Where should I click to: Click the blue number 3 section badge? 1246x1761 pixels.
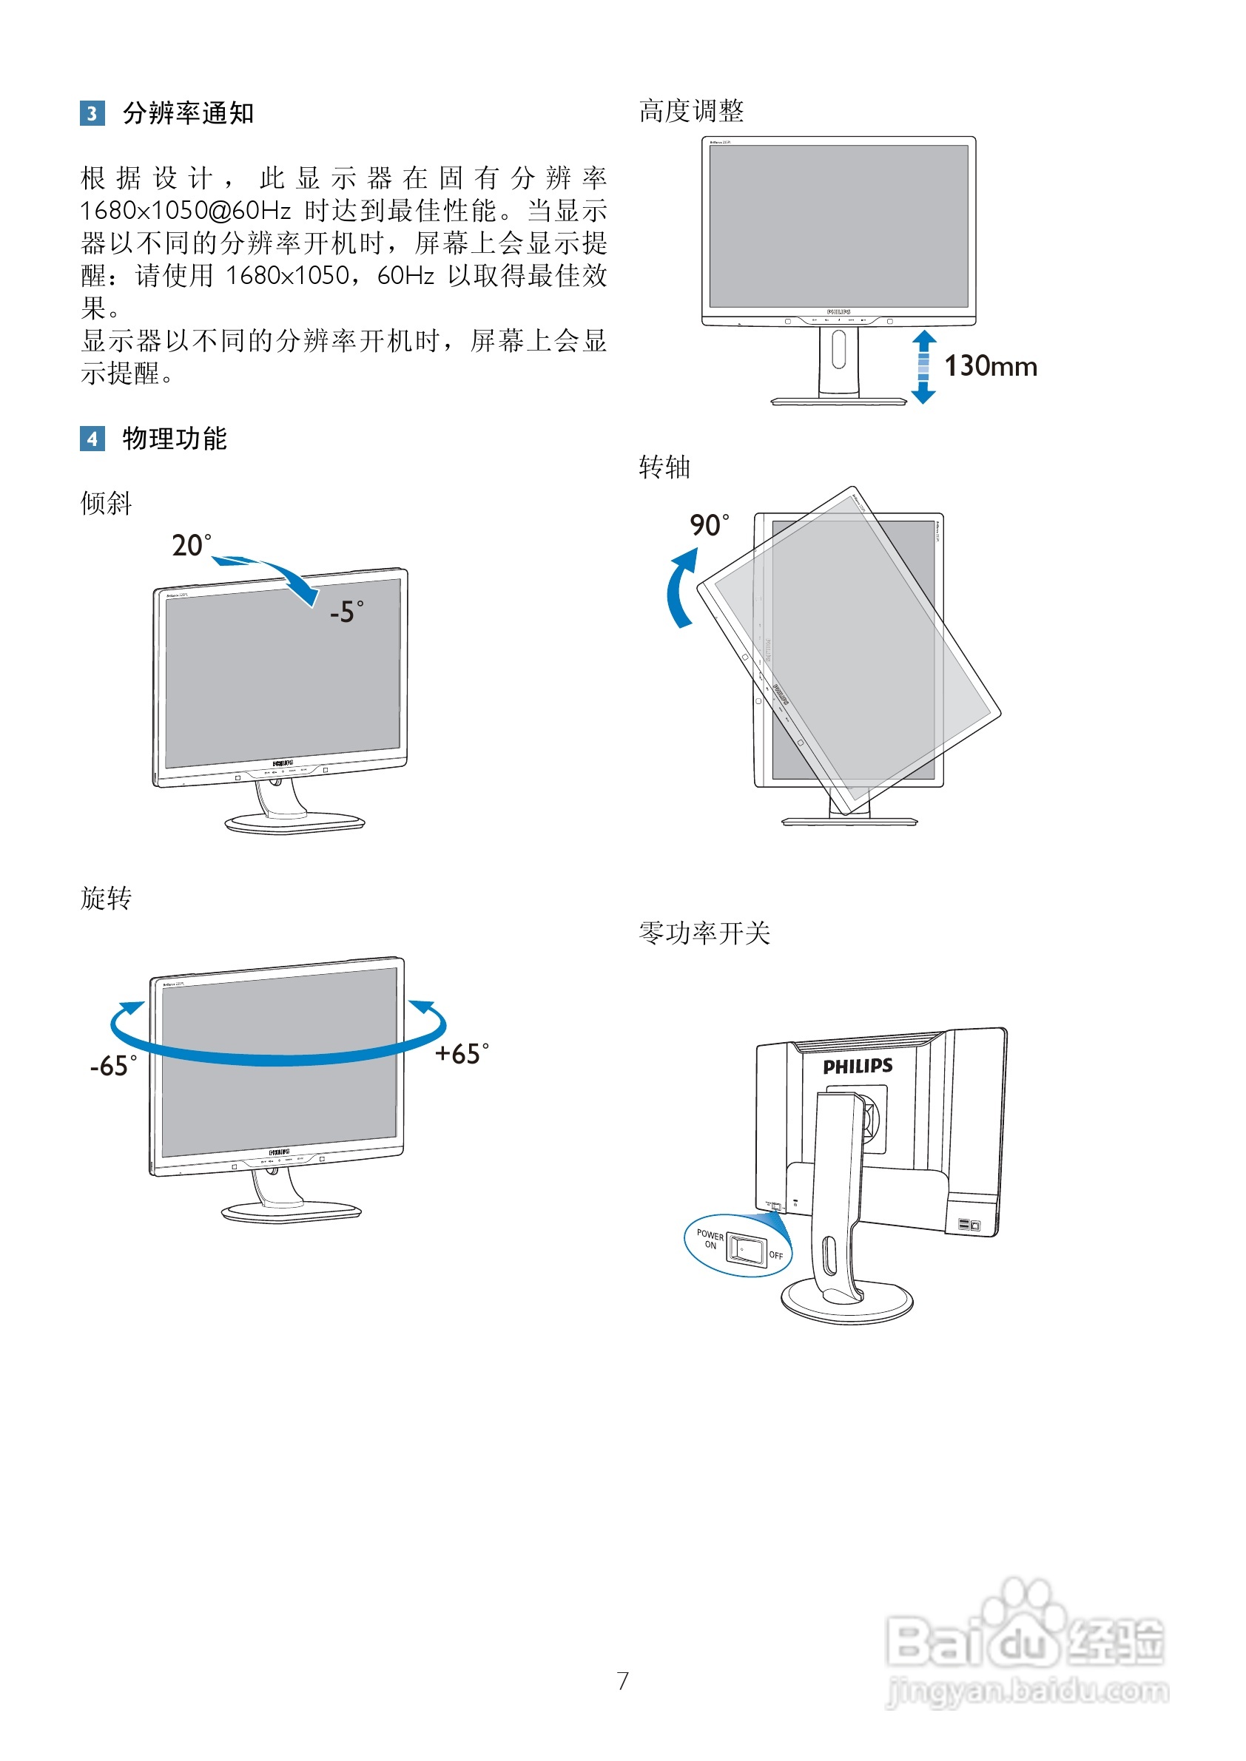(92, 113)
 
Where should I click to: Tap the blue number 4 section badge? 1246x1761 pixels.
(92, 439)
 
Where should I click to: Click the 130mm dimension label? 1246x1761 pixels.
(990, 367)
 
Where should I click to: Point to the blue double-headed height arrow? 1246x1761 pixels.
(923, 367)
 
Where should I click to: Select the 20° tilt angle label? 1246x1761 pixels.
(191, 545)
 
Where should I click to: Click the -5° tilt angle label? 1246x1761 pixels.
(347, 612)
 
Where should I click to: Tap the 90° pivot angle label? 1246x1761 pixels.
(709, 525)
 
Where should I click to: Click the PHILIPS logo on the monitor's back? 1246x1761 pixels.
(858, 1066)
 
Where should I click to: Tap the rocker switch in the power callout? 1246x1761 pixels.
(746, 1248)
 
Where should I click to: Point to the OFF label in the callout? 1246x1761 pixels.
(775, 1256)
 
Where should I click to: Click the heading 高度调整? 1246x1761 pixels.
(691, 111)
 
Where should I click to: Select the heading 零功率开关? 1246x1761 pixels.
(704, 933)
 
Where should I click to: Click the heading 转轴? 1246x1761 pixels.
(664, 467)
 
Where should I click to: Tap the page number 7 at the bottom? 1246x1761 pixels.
(623, 1680)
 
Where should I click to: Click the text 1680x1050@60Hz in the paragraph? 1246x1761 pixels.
(186, 210)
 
